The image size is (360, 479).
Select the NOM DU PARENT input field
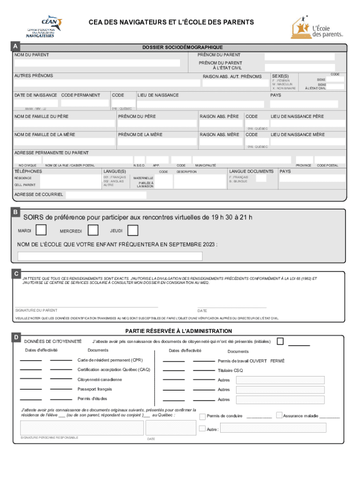97,63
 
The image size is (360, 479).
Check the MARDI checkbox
41,230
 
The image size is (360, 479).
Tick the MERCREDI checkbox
93,230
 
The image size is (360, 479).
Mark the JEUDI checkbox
133,230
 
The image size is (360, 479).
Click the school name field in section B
110,256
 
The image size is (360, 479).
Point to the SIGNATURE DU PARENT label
36,310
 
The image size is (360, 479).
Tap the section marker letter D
16,337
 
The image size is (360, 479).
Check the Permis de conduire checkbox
202,416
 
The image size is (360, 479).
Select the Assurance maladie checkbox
279,415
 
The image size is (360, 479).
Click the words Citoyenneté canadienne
100,379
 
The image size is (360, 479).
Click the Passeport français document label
94,389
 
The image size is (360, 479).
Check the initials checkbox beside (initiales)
280,341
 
